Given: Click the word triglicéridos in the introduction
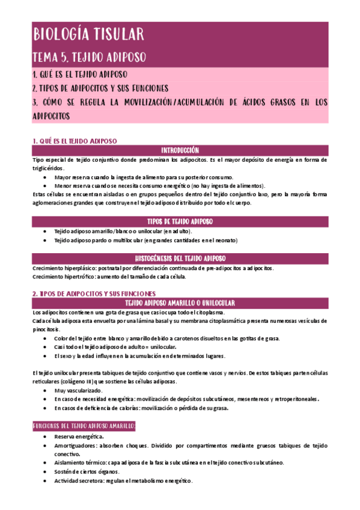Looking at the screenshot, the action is (x=47, y=169).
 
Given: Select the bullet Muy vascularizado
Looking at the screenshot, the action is (x=78, y=390).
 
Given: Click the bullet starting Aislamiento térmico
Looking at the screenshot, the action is (x=169, y=463).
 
